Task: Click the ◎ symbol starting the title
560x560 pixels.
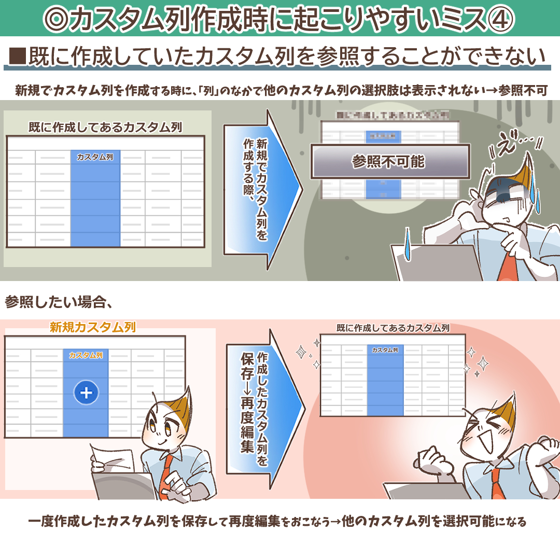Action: point(57,19)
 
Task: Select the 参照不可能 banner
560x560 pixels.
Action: point(389,162)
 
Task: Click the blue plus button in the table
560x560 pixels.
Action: point(86,393)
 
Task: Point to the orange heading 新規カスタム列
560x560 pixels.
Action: point(93,327)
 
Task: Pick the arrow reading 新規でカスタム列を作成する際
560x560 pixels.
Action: point(262,189)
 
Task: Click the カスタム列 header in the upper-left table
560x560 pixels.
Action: point(95,157)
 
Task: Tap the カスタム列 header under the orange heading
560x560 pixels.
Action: point(86,355)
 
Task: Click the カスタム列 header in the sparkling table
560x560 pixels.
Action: point(385,350)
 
